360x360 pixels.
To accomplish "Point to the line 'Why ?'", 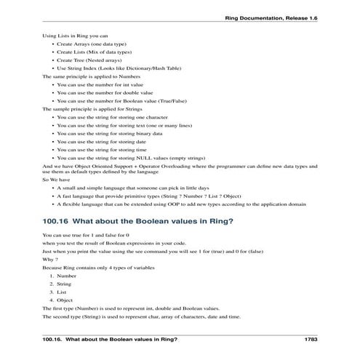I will click(50, 259).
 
